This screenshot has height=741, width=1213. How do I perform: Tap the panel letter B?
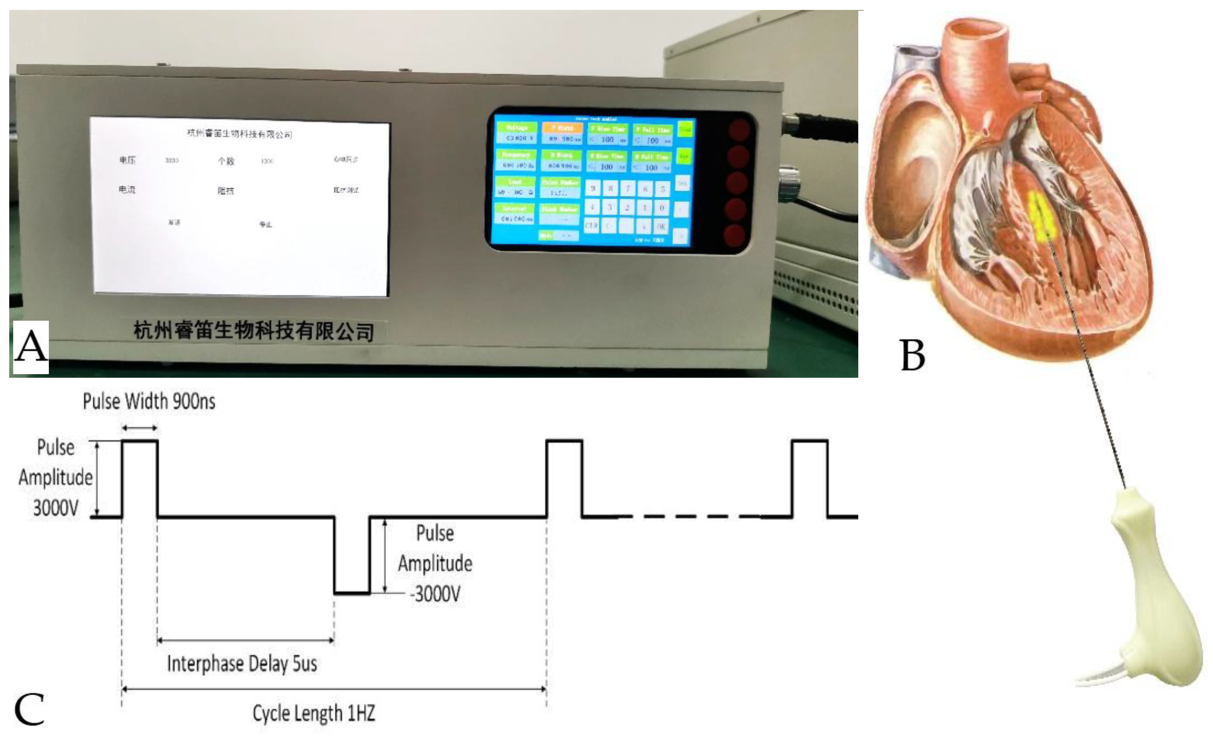pos(912,355)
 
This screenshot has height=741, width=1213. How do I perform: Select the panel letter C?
pos(30,709)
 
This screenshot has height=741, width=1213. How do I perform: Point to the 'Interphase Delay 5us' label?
pos(242,664)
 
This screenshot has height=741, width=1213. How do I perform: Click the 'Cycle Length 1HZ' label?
pos(313,713)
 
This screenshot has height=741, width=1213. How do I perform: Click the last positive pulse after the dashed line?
pos(810,478)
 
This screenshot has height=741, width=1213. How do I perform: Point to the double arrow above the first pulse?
pos(140,428)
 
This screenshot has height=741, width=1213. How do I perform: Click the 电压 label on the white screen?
pos(127,160)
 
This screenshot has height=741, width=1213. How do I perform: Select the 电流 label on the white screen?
pos(127,190)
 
